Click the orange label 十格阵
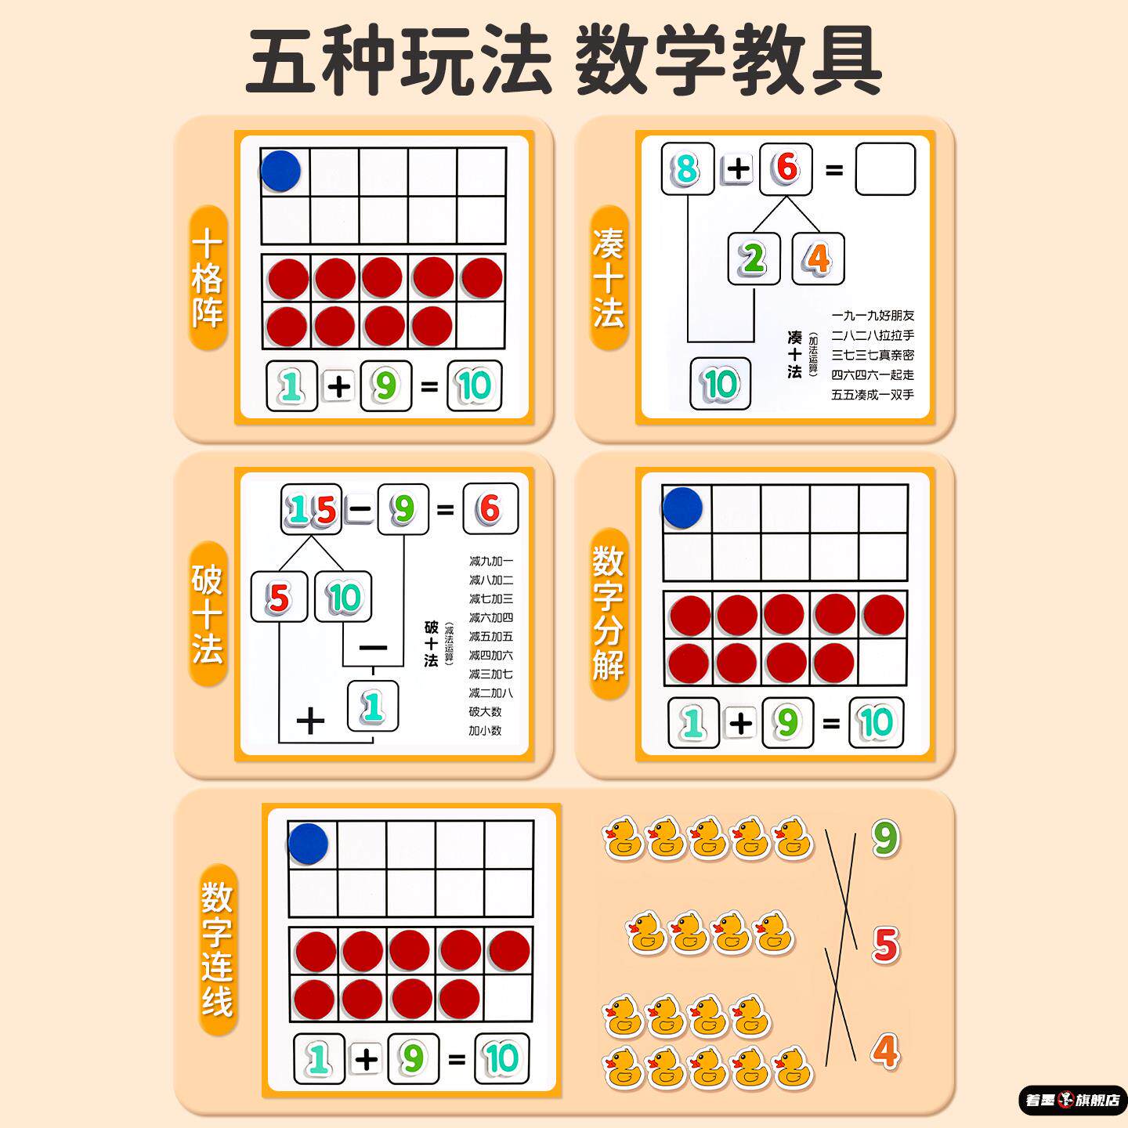[208, 278]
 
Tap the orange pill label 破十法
[208, 613]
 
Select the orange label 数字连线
[217, 949]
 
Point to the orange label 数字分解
[609, 613]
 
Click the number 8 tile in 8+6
[687, 168]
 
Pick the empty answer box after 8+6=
[885, 168]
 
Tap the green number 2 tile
[754, 258]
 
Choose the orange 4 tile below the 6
[819, 258]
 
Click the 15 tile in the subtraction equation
[312, 509]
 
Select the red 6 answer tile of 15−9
[490, 509]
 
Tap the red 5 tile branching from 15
[279, 598]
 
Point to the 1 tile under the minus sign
[373, 706]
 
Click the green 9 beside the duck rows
[885, 838]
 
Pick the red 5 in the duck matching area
[885, 945]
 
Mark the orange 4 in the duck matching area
[885, 1051]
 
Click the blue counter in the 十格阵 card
[280, 171]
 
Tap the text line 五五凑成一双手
[873, 395]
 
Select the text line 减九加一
[491, 561]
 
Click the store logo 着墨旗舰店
[1072, 1100]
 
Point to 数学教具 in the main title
[728, 61]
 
